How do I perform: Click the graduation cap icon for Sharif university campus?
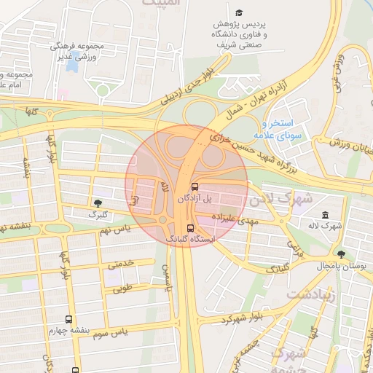tap(239, 13)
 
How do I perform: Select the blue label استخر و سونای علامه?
tap(284, 129)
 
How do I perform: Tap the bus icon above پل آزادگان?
tap(194, 186)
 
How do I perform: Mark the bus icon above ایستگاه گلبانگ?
tap(191, 227)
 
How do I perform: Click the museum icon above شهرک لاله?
tap(324, 215)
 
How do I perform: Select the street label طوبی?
tap(123, 288)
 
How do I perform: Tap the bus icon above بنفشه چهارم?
tap(69, 319)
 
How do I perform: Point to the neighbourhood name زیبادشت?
tap(309, 294)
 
